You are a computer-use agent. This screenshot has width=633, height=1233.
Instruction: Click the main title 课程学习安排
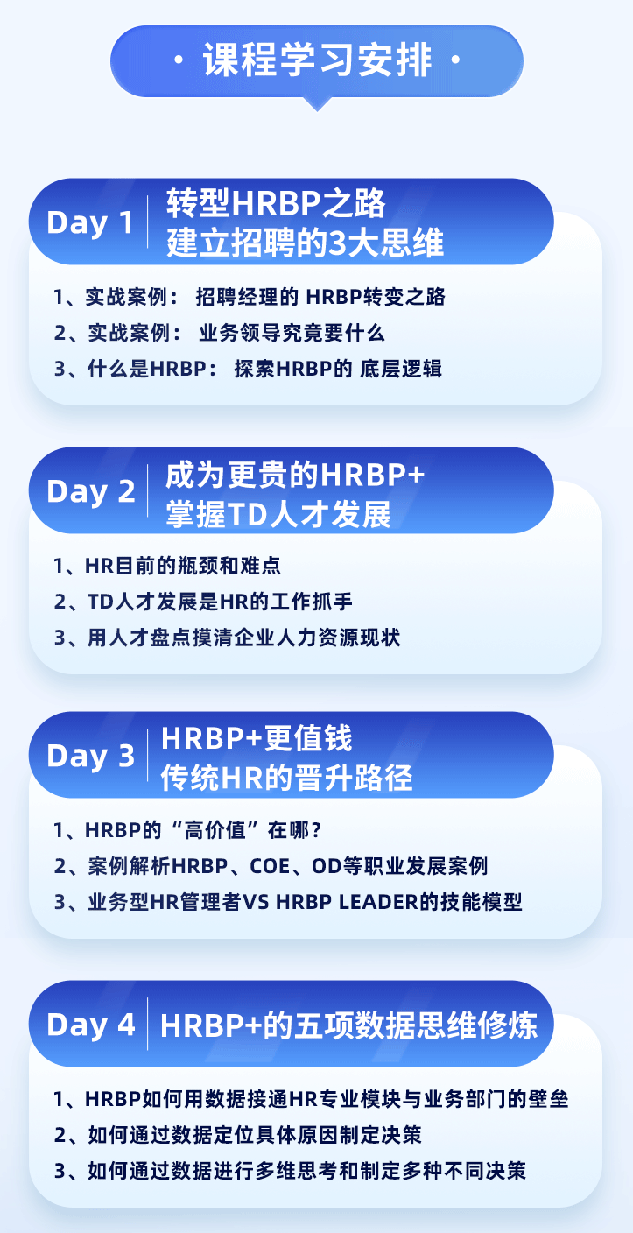pos(317,60)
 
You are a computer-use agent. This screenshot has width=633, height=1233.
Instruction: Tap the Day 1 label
pos(90,223)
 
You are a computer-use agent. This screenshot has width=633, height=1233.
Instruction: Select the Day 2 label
pos(91,491)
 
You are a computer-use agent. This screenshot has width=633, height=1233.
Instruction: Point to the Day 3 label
pos(91,756)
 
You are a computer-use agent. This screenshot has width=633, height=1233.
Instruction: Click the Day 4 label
pos(91,1025)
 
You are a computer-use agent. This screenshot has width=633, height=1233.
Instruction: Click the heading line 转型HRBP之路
pos(276,203)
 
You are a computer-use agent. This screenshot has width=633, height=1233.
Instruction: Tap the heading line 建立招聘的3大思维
pos(305,243)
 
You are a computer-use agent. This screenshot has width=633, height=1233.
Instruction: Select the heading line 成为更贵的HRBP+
pos(295,474)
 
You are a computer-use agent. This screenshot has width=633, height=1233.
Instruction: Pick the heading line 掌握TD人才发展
pos(278,514)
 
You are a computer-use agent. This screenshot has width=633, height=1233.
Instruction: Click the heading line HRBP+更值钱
pos(257,738)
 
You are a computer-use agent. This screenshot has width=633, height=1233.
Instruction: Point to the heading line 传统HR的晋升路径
pos(286,778)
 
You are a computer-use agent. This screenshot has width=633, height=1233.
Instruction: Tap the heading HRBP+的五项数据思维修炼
pos(348,1025)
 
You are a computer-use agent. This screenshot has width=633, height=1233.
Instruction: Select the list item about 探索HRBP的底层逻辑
pos(248,369)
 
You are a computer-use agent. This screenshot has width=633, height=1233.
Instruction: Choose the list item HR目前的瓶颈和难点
pos(166,566)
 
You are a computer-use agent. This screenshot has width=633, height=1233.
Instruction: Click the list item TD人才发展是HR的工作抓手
pos(203,602)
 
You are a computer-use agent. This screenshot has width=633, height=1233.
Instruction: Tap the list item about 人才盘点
pos(227,638)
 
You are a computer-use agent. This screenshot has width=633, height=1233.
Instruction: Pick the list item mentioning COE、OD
pos(271,866)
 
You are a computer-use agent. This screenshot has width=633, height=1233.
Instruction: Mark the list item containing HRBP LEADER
pos(288,902)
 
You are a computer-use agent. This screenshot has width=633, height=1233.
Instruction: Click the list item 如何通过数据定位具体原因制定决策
pos(238,1134)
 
